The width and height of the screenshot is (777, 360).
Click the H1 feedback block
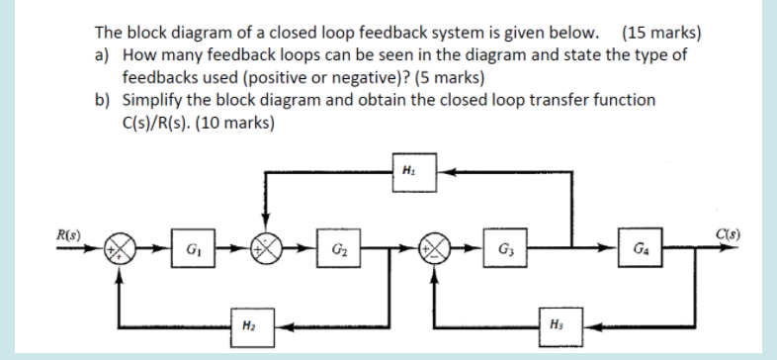(x=409, y=170)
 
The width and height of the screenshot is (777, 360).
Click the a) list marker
(x=102, y=53)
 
